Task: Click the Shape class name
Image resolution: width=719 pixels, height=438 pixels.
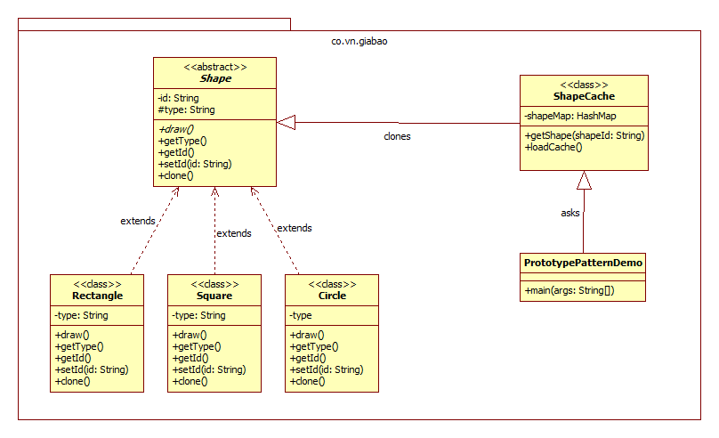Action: [214, 78]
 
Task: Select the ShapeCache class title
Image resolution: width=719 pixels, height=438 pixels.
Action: [583, 96]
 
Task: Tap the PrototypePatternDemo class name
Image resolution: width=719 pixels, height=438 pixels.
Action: [583, 263]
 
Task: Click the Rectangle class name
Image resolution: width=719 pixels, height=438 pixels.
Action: [97, 295]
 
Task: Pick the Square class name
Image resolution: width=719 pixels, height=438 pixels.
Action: [214, 295]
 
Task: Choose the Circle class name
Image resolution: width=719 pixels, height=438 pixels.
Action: [331, 295]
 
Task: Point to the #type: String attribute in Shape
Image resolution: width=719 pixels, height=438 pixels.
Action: [186, 109]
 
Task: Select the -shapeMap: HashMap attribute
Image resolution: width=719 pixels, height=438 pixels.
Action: [570, 116]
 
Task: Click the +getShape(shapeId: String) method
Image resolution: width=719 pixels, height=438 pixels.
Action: [585, 135]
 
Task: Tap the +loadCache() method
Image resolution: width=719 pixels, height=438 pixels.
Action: [553, 147]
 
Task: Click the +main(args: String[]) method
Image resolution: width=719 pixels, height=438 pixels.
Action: [570, 290]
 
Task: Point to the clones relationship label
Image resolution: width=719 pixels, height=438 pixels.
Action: [397, 136]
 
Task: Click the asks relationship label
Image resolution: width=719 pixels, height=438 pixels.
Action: [570, 213]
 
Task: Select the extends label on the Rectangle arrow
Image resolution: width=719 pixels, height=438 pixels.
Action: [138, 220]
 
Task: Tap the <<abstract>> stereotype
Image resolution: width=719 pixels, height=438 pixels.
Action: [215, 66]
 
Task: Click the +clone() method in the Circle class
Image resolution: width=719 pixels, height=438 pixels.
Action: [307, 381]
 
